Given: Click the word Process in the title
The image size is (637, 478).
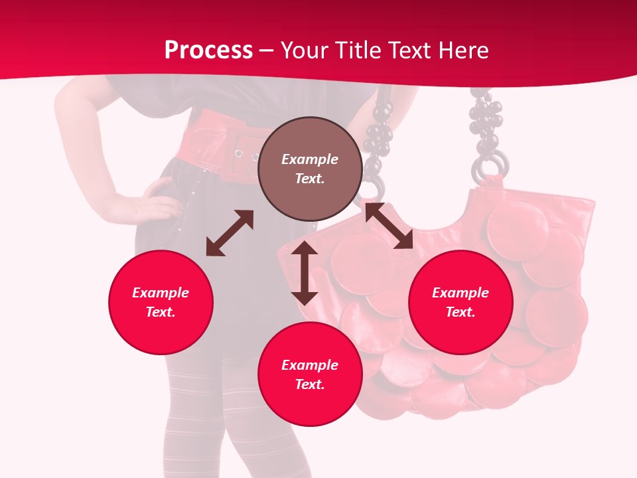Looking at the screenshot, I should pyautogui.click(x=208, y=50).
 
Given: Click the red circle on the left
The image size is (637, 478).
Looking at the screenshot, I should pyautogui.click(x=161, y=302).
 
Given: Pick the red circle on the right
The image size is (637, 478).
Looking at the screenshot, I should pyautogui.click(x=460, y=302).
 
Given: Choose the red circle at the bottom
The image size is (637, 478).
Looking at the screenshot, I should pyautogui.click(x=310, y=374).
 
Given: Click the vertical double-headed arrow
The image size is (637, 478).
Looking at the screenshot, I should pyautogui.click(x=305, y=273).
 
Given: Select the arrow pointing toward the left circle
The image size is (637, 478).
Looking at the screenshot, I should pyautogui.click(x=230, y=233).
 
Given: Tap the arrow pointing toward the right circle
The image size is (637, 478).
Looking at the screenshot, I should pyautogui.click(x=389, y=226).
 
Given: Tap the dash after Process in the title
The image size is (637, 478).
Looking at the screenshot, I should pyautogui.click(x=267, y=50).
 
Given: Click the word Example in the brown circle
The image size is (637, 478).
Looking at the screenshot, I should pyautogui.click(x=310, y=159).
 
